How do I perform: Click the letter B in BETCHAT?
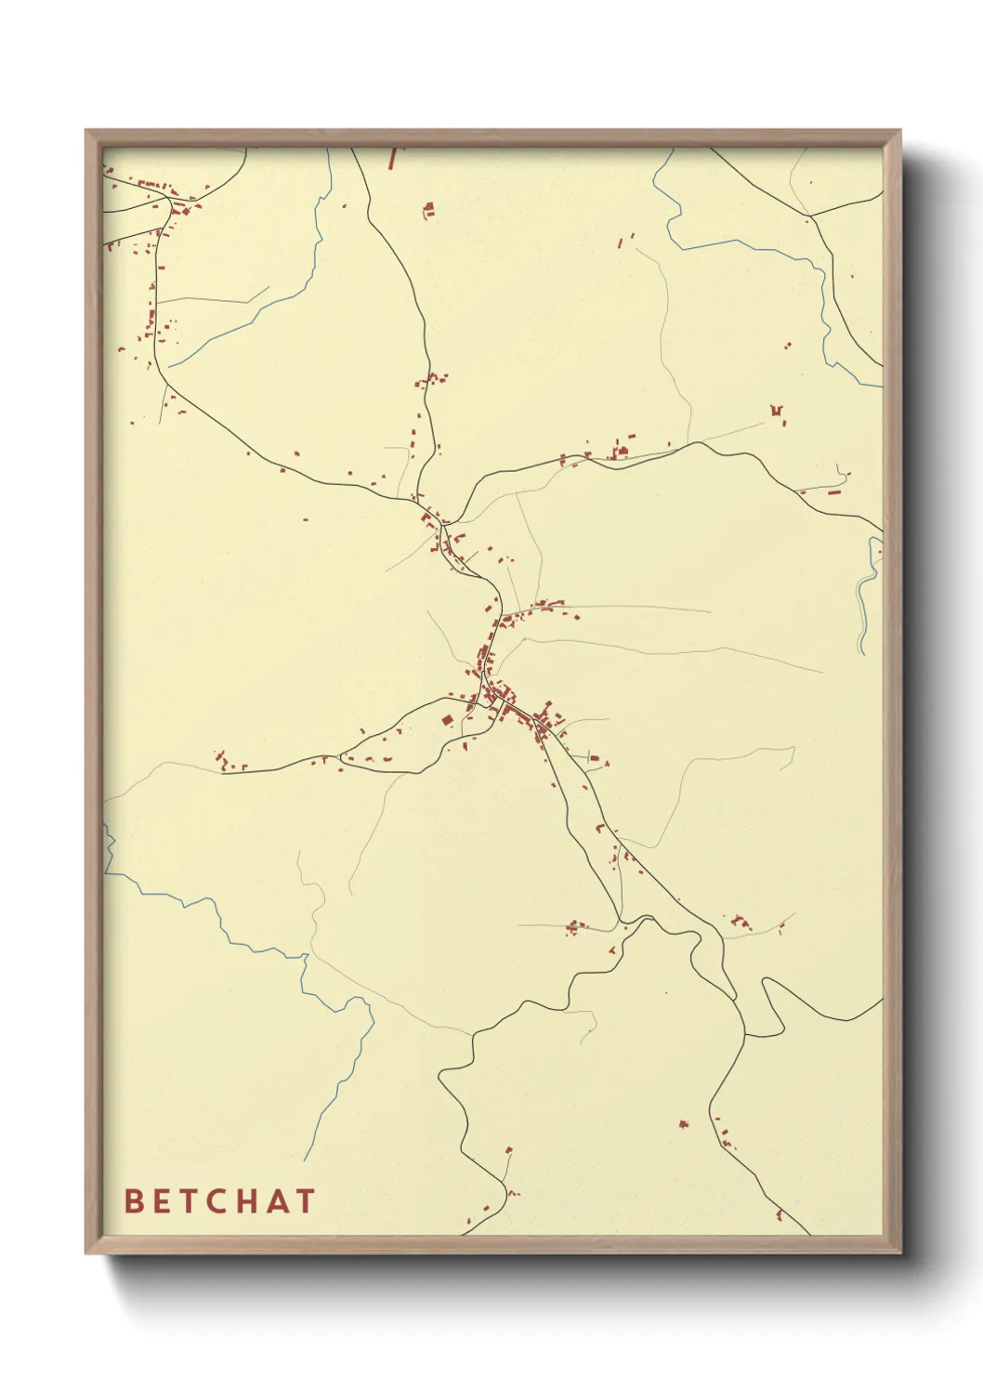(x=134, y=1200)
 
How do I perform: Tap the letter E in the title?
(x=160, y=1200)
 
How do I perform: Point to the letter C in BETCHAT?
(x=215, y=1200)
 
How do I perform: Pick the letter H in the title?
(x=246, y=1200)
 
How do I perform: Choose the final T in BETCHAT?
(x=305, y=1200)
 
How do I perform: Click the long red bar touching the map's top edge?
(x=393, y=157)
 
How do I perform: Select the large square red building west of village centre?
(x=446, y=721)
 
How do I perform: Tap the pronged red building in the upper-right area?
(x=777, y=412)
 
